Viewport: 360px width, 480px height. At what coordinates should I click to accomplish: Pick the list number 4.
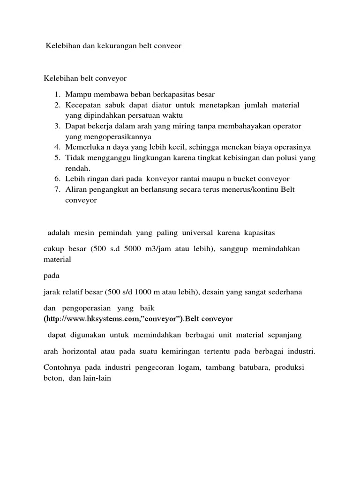55,147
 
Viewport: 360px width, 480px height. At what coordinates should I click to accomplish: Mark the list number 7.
55,189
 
